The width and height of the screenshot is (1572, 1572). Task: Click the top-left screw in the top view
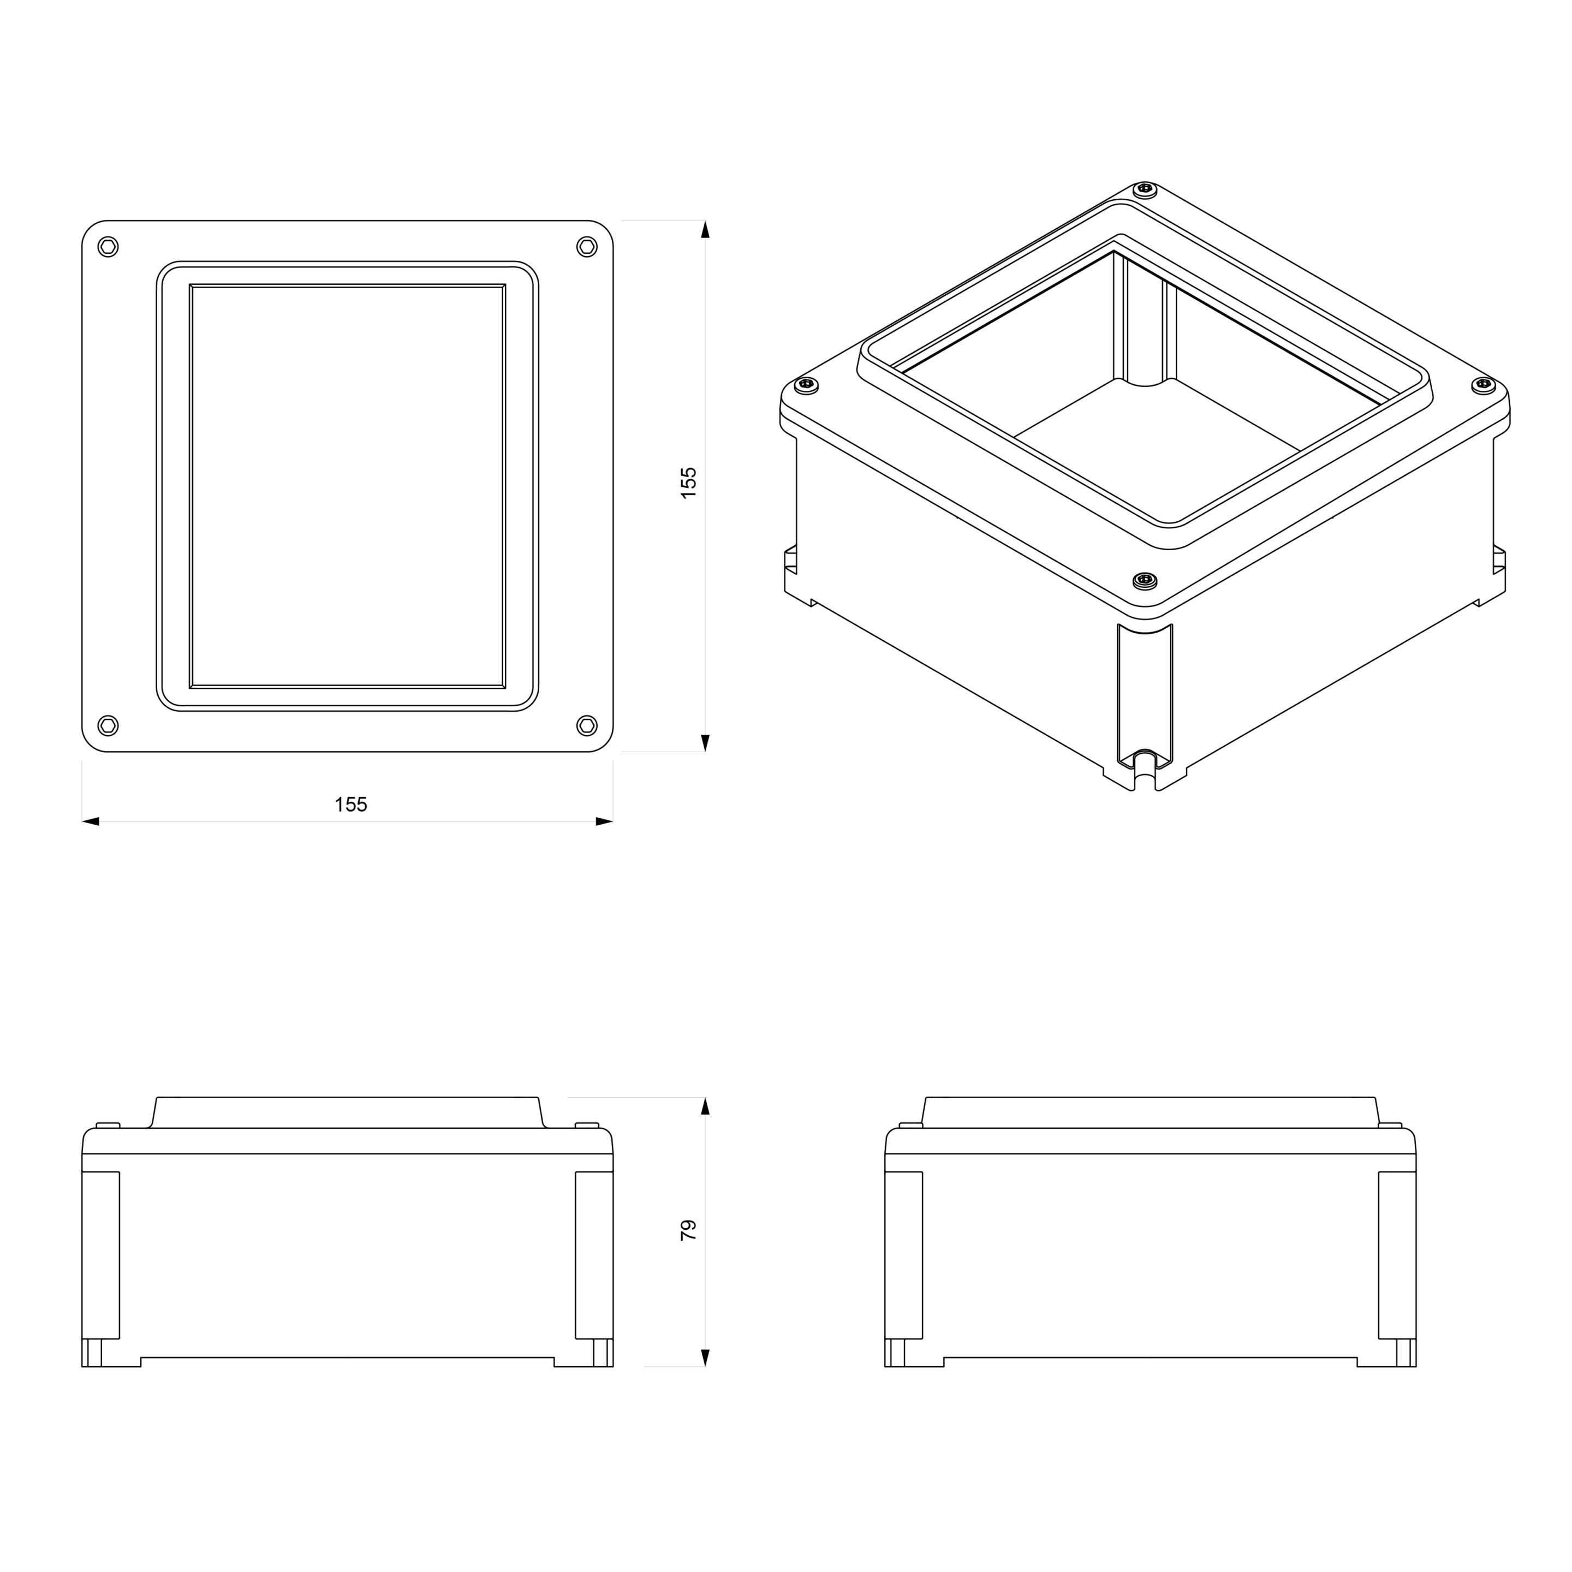coord(108,247)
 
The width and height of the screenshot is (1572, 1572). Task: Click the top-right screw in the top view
coord(587,247)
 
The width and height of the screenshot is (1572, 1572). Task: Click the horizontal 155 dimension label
coord(350,805)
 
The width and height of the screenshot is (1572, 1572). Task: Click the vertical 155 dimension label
coord(688,483)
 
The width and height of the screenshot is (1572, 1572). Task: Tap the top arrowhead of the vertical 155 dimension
coord(705,229)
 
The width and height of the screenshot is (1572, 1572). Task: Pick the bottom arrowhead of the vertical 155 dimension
coord(705,742)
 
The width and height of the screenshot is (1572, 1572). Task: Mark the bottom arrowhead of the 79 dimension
coord(705,1357)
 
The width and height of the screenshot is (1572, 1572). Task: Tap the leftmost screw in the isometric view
coord(806,384)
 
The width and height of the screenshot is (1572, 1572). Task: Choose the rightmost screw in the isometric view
coord(1484,384)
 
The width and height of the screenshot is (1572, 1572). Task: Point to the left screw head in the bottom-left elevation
coord(108,1126)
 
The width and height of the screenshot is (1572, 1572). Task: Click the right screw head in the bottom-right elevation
coord(1390,1126)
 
